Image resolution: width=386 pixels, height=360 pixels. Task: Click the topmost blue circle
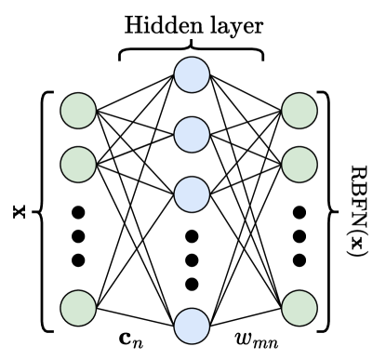pyautogui.click(x=192, y=74)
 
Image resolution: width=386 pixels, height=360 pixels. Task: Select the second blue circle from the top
pyautogui.click(x=192, y=135)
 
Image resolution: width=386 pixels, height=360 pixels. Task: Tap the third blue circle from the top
pyautogui.click(x=192, y=194)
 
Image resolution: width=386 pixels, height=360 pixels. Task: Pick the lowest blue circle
pyautogui.click(x=192, y=326)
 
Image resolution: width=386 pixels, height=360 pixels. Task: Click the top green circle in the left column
pyautogui.click(x=78, y=111)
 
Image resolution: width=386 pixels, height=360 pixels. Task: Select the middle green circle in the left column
pyautogui.click(x=78, y=165)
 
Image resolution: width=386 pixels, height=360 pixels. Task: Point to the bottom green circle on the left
pyautogui.click(x=78, y=308)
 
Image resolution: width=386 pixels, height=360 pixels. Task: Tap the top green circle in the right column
pyautogui.click(x=299, y=111)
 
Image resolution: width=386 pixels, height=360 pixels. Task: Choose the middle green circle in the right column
pyautogui.click(x=299, y=165)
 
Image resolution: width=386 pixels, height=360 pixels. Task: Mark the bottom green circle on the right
pyautogui.click(x=299, y=308)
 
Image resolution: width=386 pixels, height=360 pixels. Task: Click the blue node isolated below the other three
pyautogui.click(x=192, y=326)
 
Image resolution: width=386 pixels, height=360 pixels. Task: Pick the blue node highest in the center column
pyautogui.click(x=192, y=74)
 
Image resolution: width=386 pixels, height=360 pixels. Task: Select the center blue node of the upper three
pyautogui.click(x=192, y=135)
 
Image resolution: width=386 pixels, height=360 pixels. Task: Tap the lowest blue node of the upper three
pyautogui.click(x=192, y=194)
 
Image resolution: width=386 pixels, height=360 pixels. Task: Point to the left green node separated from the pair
pyautogui.click(x=78, y=308)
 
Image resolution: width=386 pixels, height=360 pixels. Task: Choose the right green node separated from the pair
pyautogui.click(x=299, y=308)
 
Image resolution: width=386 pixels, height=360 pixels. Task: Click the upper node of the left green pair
pyautogui.click(x=78, y=111)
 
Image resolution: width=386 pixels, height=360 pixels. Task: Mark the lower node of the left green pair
pyautogui.click(x=78, y=165)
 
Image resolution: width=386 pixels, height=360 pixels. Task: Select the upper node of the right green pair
pyautogui.click(x=299, y=111)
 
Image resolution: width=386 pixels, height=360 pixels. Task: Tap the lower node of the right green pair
pyautogui.click(x=299, y=165)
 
